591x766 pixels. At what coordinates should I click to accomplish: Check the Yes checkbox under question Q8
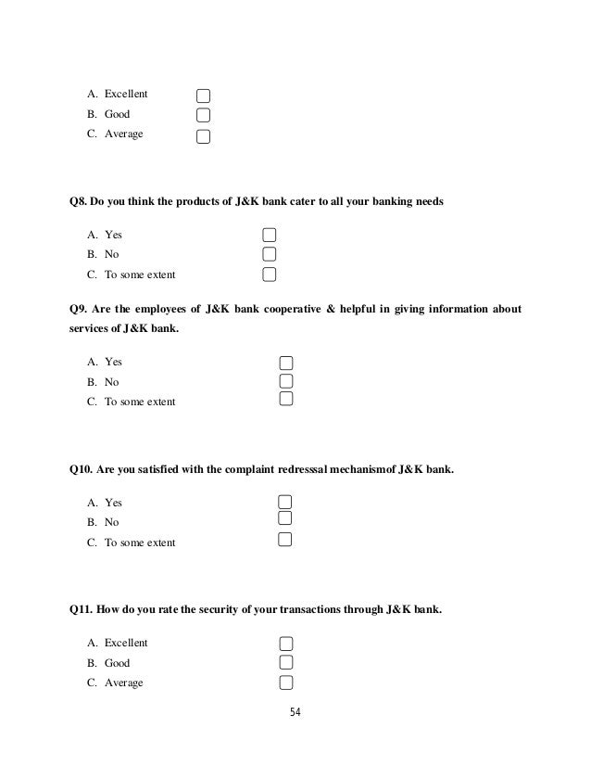[270, 235]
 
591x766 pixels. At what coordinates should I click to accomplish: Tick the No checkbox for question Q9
[286, 381]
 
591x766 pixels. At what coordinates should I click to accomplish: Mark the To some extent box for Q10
[285, 539]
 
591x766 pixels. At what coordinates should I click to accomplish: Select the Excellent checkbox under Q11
[285, 644]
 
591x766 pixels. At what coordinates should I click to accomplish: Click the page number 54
[295, 712]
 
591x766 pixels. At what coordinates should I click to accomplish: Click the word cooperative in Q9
[285, 308]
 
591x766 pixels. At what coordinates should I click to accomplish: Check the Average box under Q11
[285, 683]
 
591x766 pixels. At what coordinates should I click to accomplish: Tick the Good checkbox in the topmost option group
[203, 116]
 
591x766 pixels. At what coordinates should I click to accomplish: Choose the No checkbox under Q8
[270, 254]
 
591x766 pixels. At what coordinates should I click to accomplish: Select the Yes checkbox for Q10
[285, 502]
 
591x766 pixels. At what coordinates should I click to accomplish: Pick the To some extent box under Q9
[286, 400]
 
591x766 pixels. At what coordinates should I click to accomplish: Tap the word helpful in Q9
[360, 308]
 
